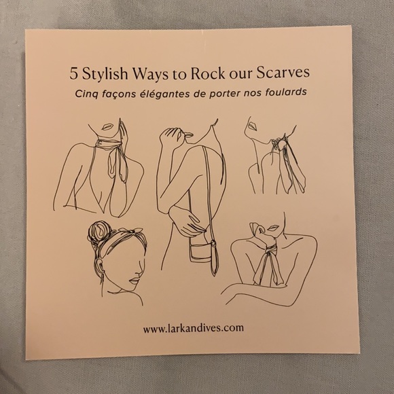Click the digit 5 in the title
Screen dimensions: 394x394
pyautogui.click(x=73, y=74)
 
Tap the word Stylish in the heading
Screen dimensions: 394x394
pyautogui.click(x=105, y=75)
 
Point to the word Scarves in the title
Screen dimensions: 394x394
pyautogui.click(x=283, y=73)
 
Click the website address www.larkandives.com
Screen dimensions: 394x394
pyautogui.click(x=194, y=328)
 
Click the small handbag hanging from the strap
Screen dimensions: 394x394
pyautogui.click(x=202, y=249)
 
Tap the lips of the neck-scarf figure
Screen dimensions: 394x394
pyautogui.click(x=107, y=127)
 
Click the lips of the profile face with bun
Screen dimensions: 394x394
pyautogui.click(x=135, y=281)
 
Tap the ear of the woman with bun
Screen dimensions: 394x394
pyautogui.click(x=99, y=264)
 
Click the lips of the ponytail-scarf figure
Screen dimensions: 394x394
pyautogui.click(x=252, y=126)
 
